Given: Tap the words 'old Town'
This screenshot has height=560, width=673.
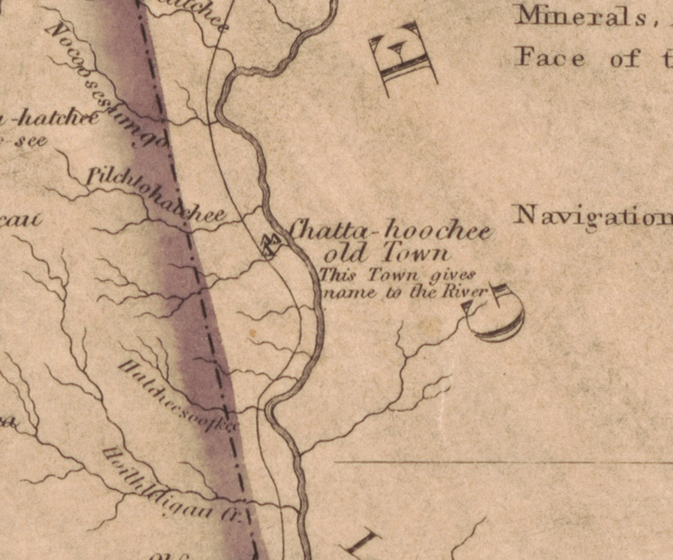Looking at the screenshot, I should coord(385,253).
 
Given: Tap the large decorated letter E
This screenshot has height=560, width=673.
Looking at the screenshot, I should coord(403,59).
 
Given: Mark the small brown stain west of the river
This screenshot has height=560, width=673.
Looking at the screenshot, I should coord(253,334).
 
